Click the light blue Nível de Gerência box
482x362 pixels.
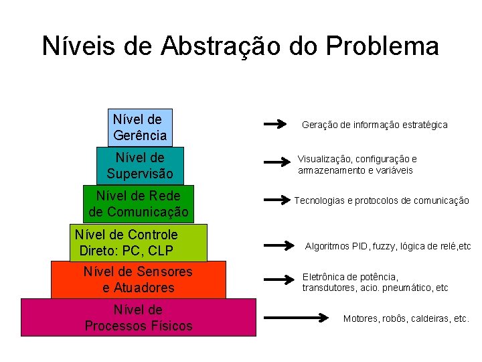[x=140, y=127]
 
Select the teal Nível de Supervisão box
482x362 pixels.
[x=139, y=166]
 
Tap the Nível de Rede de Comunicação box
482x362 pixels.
[x=138, y=204]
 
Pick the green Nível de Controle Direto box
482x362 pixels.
[x=139, y=242]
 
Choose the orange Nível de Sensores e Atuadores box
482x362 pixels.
[x=138, y=280]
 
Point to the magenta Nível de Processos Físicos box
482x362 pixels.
[x=138, y=317]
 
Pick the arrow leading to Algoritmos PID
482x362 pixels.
[x=280, y=245]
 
